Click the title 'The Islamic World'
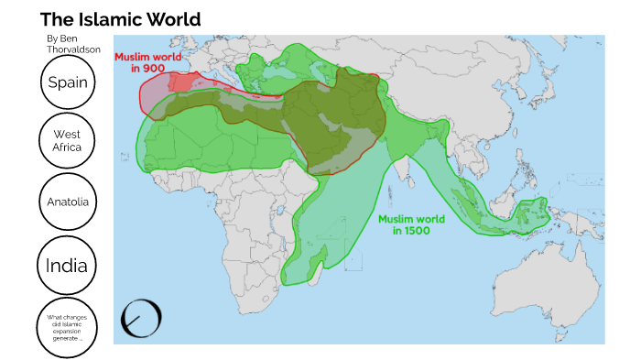[x=120, y=19]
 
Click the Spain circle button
[x=68, y=82]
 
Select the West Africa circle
[x=67, y=140]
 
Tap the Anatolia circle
[x=68, y=201]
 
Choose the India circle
[x=67, y=266]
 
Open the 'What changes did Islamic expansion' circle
[x=67, y=325]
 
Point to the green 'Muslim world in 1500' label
[x=412, y=224]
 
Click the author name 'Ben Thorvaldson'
[x=72, y=45]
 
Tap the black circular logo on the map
[x=142, y=318]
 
